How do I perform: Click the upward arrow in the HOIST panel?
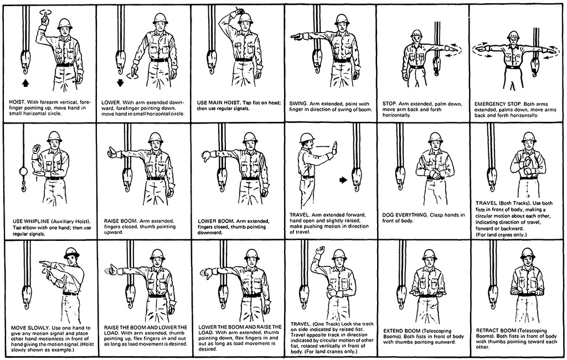(25, 83)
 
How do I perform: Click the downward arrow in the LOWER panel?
(120, 83)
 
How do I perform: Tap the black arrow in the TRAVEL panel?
(343, 180)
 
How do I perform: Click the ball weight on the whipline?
(23, 172)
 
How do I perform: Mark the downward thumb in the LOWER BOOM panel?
(205, 156)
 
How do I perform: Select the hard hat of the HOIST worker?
(65, 24)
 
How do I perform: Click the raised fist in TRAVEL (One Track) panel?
(321, 251)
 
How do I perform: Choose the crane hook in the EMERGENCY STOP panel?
(534, 67)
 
